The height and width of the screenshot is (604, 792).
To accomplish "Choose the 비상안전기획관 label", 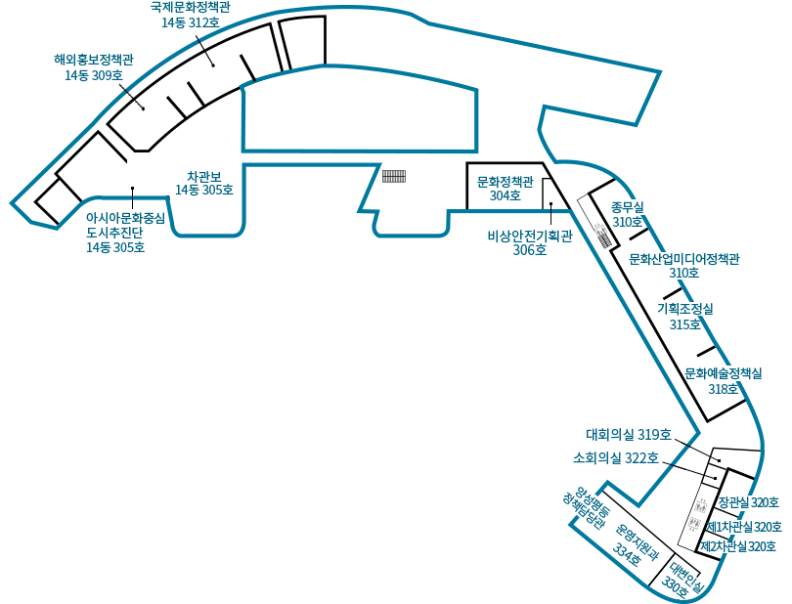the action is (x=530, y=236).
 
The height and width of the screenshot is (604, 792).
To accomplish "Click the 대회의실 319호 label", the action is (x=629, y=434).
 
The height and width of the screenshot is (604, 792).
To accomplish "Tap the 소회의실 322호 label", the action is (x=616, y=458).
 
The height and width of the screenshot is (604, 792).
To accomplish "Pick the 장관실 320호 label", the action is (x=749, y=502).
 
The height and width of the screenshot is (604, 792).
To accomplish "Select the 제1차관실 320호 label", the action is (x=743, y=527).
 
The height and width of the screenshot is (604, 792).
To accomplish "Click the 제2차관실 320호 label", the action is (x=738, y=546).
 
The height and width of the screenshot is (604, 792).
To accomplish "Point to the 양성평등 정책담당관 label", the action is (x=587, y=507).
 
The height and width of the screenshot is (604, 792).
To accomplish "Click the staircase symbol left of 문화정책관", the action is (x=394, y=176).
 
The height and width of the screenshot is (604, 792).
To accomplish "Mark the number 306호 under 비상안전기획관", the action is (x=530, y=250).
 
